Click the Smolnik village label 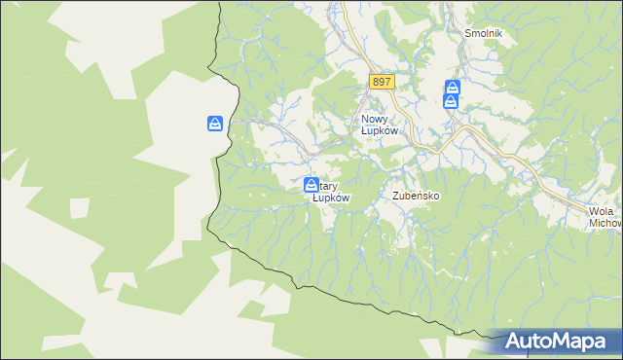(x=483, y=32)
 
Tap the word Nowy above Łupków (x=365, y=119)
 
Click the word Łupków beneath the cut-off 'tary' (x=331, y=198)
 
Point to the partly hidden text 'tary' (x=328, y=185)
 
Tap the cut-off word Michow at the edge (x=605, y=223)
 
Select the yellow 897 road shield (x=382, y=83)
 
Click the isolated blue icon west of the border (x=216, y=124)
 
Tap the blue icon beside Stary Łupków (x=311, y=185)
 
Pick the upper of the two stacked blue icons (x=452, y=88)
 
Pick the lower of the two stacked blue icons (x=452, y=101)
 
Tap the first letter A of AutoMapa (x=512, y=342)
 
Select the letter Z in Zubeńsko (x=395, y=196)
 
